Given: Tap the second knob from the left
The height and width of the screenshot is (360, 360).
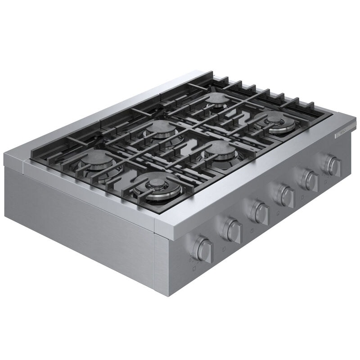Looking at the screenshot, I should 233,230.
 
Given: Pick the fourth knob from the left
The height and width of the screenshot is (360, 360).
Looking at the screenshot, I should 285,196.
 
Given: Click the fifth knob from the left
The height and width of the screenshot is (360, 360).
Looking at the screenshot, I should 310,180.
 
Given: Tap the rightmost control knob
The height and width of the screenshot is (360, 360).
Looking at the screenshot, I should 333,166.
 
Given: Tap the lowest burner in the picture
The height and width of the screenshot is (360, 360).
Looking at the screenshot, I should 157,185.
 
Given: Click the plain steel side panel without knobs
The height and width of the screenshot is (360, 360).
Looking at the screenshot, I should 81,216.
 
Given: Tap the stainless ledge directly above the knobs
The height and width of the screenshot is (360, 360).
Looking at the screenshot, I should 252,189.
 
